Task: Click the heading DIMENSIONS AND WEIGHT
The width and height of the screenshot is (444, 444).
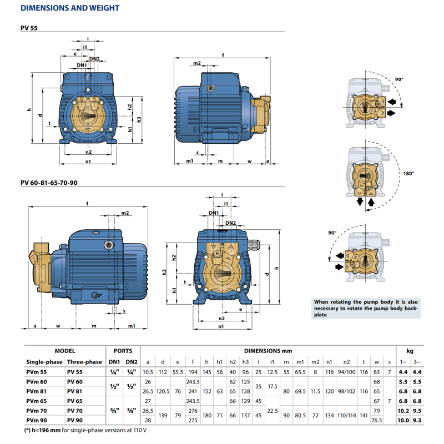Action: coord(70,8)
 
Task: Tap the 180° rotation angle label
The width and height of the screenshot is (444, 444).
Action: coord(409,174)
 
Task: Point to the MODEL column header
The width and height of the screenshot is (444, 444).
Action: coord(65,351)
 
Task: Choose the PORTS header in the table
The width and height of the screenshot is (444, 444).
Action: coord(123,351)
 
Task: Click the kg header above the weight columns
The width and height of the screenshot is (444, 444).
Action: coord(410,351)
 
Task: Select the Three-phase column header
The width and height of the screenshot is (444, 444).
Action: coord(84,362)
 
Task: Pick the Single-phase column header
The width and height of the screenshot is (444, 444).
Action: coord(44,362)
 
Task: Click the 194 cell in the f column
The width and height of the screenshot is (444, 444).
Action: coord(193,371)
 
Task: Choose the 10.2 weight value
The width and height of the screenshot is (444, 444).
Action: coord(403,411)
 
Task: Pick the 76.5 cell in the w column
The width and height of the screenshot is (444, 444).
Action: coord(377,420)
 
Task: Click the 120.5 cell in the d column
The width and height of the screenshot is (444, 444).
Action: coord(163,391)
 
